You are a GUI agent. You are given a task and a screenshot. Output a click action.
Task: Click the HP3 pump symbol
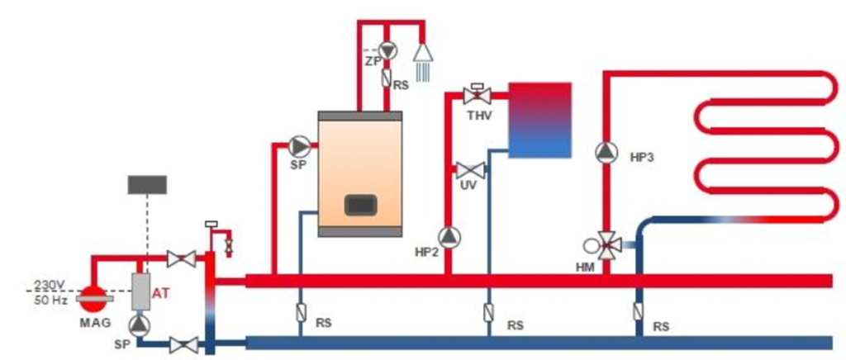606,152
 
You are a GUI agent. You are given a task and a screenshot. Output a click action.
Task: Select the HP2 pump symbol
448,238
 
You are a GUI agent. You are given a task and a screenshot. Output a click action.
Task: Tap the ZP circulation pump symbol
387,50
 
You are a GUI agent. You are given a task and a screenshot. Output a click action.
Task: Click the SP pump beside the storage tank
298,147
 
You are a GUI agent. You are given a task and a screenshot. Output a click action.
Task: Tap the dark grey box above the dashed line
147,184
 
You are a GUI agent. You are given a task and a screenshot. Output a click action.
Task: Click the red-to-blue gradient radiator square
539,120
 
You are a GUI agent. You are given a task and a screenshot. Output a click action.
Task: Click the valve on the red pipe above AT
181,259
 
